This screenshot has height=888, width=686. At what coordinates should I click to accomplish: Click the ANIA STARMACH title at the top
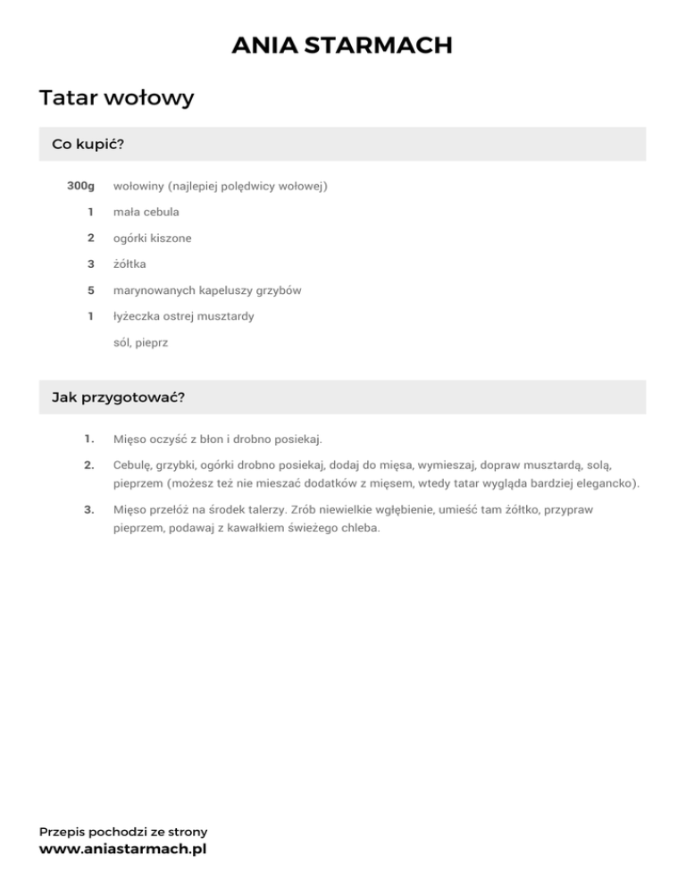342,45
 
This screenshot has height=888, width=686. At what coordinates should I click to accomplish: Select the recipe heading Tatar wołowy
116,97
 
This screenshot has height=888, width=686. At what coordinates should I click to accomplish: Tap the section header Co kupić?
87,145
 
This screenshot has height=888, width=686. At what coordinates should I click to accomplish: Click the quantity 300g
80,187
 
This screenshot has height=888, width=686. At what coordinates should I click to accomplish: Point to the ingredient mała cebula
146,213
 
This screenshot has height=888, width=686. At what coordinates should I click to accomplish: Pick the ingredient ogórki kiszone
152,239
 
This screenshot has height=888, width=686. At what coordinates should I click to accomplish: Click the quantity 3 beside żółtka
90,264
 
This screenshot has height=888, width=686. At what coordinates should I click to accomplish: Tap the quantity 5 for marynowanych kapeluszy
90,290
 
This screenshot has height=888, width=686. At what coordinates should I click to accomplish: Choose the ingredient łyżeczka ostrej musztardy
183,316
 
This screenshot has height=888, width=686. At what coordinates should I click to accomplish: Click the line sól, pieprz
140,342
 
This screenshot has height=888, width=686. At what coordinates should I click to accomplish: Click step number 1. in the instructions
89,439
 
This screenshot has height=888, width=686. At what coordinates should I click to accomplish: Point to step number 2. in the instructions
89,465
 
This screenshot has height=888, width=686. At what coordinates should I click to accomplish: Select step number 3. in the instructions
89,509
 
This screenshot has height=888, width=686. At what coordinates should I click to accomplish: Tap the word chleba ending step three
359,527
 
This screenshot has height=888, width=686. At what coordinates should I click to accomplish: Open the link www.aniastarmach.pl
122,850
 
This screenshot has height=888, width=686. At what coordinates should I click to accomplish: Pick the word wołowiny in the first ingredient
138,187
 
